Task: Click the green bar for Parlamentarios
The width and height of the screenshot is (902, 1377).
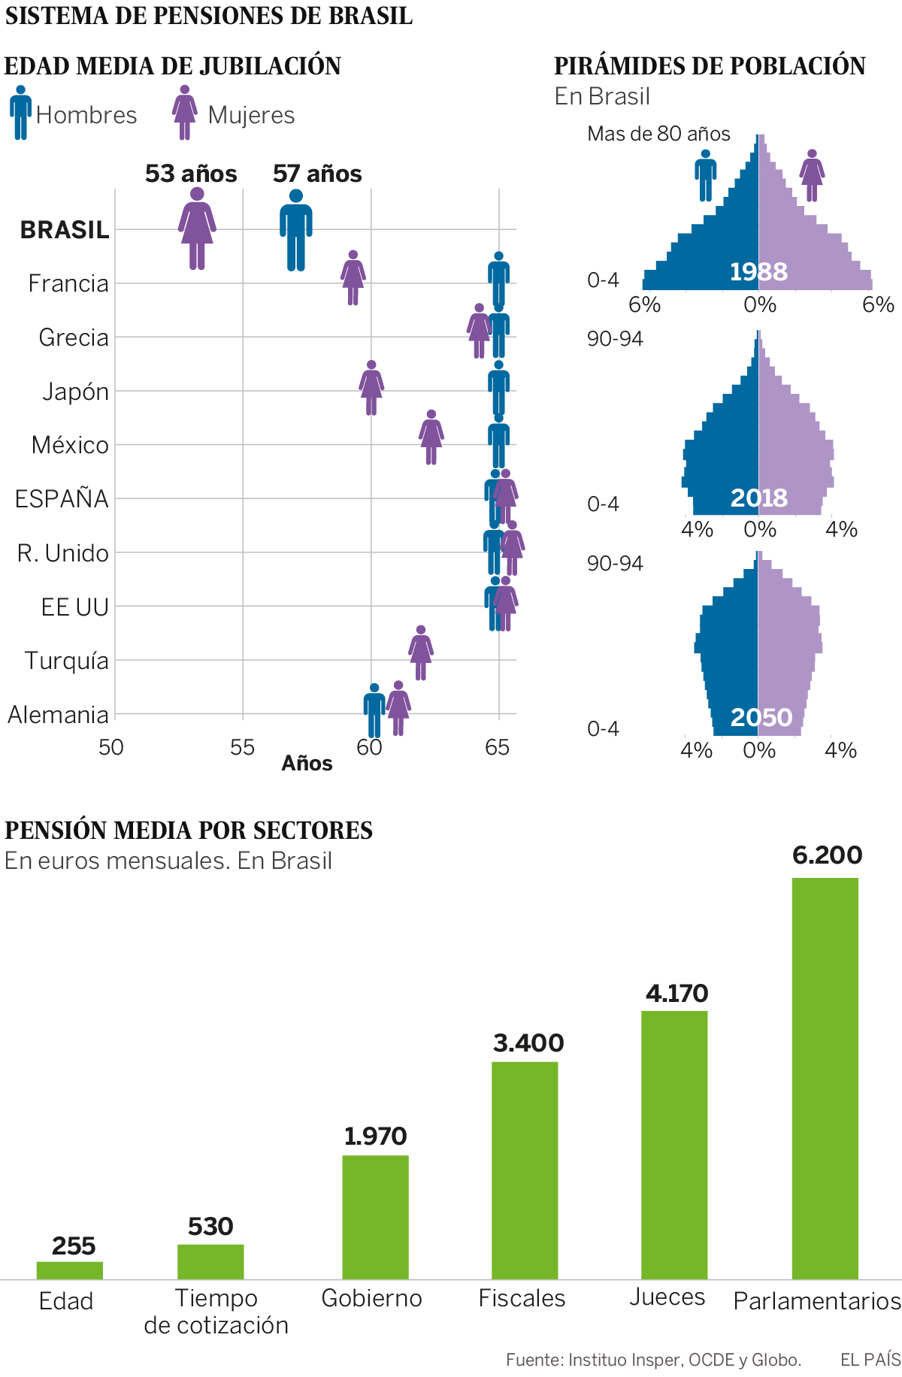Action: click(x=825, y=1078)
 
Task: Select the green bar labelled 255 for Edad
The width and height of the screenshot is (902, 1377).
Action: click(x=70, y=1270)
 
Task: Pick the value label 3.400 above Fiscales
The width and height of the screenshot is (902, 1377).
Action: click(x=528, y=1043)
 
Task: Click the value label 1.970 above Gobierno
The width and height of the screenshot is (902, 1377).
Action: click(x=375, y=1136)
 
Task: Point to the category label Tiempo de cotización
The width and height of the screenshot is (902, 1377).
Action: click(x=216, y=1312)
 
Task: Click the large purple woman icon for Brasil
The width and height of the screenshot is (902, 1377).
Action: click(x=197, y=228)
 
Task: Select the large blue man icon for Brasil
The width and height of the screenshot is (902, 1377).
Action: click(x=296, y=230)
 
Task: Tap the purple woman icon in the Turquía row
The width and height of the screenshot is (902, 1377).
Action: click(x=421, y=652)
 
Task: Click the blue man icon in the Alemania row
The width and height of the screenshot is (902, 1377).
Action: click(x=374, y=710)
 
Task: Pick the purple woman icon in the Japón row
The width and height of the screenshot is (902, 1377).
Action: click(x=371, y=388)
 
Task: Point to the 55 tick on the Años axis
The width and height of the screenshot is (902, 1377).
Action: click(x=242, y=747)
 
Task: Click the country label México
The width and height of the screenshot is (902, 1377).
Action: click(x=70, y=445)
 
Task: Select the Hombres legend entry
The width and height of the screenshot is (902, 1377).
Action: click(x=73, y=114)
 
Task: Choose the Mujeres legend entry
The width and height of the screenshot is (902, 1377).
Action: click(x=234, y=114)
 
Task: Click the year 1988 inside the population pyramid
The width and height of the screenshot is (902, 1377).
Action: click(x=758, y=271)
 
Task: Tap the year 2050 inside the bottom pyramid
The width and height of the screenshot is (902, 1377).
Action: click(x=761, y=717)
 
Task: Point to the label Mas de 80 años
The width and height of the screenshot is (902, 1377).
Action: click(x=658, y=134)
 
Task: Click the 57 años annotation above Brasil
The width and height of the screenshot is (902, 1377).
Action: click(x=317, y=174)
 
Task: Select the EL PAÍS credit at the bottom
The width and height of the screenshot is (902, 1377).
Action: click(x=870, y=1359)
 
